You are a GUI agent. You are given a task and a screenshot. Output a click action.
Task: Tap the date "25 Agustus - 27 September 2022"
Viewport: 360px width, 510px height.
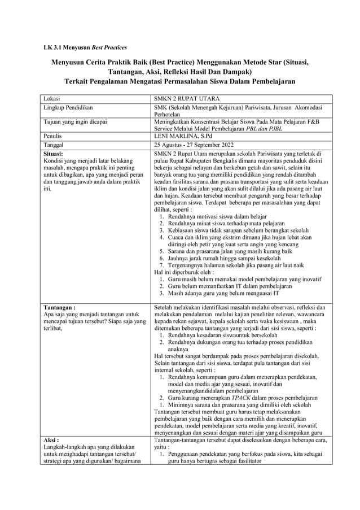(x=197, y=145)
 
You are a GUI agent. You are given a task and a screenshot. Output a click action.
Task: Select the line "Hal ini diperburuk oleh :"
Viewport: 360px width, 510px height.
(x=184, y=271)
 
